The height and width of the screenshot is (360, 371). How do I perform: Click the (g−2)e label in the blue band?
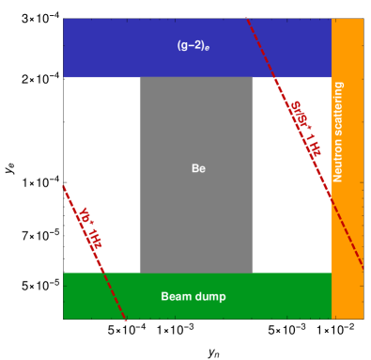click(197, 45)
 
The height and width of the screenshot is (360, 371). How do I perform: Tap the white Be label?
click(197, 169)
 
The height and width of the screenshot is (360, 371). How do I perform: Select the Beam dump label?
click(193, 296)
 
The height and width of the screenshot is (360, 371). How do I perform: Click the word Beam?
click(176, 296)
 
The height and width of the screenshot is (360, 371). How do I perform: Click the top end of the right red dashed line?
click(246, 19)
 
